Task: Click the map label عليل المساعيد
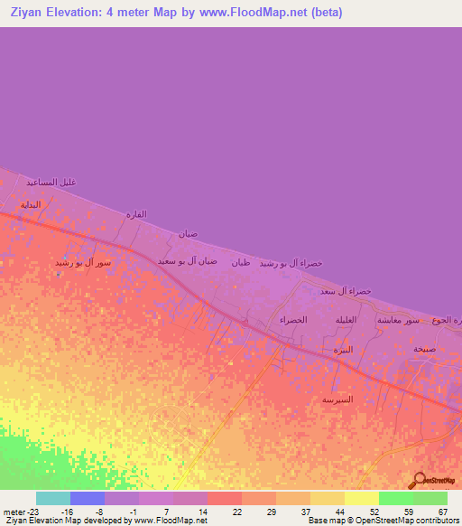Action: [51, 182]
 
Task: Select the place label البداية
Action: [32, 204]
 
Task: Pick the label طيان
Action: [241, 263]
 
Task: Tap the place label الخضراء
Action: [294, 321]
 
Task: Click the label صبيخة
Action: [424, 348]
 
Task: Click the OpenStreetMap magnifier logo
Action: [419, 481]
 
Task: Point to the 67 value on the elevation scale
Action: [442, 511]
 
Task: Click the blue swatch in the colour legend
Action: [88, 498]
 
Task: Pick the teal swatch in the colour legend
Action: [53, 498]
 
